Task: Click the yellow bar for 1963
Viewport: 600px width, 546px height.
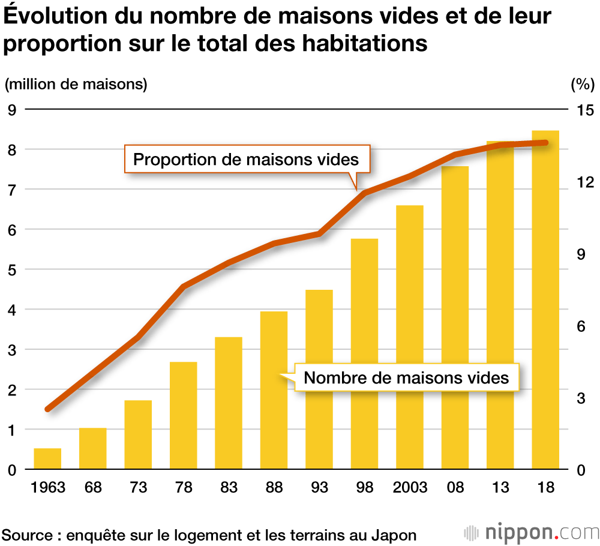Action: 47,459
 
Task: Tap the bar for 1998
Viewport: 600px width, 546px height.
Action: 364,354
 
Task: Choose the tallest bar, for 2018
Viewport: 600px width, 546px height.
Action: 545,300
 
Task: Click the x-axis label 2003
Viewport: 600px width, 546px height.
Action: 409,487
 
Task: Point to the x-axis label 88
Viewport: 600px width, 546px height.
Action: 274,487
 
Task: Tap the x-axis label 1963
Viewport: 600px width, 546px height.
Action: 47,487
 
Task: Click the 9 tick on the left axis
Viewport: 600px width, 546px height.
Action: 11,110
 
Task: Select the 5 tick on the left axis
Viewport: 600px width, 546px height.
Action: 11,269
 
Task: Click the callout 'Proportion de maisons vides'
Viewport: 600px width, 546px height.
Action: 245,160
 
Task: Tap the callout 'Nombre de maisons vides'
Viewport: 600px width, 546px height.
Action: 406,378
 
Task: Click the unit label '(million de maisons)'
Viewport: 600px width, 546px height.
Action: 76,84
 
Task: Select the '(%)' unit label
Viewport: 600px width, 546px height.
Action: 581,84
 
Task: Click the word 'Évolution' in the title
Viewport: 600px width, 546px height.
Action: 56,17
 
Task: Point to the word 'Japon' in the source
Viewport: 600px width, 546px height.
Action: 395,534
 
